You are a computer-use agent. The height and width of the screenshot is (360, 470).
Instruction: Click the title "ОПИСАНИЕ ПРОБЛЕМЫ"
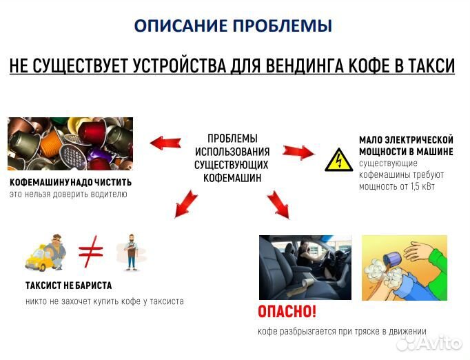click(232, 26)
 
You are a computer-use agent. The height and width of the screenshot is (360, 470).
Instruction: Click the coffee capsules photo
click(70, 143)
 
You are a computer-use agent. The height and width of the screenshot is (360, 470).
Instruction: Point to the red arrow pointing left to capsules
click(165, 142)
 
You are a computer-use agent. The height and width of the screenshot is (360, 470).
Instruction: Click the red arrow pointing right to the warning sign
click(298, 151)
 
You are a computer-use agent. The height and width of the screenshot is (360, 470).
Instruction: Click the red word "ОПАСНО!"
click(287, 312)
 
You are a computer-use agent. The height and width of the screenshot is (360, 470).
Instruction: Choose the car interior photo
click(305, 267)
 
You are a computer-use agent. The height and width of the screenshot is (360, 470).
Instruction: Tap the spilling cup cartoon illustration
click(405, 267)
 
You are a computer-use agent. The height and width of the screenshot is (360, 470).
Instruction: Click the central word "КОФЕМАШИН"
click(232, 178)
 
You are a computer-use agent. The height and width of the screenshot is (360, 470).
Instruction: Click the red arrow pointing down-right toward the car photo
click(278, 204)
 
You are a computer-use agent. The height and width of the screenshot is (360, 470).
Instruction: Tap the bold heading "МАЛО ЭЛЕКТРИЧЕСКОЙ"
click(406, 139)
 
